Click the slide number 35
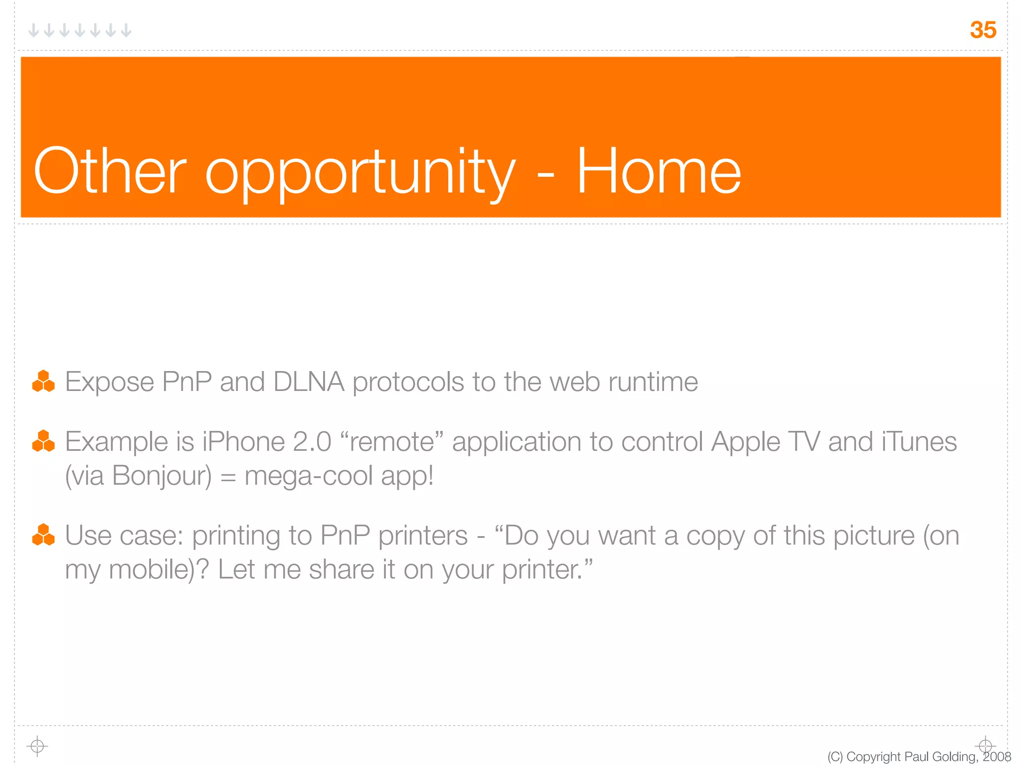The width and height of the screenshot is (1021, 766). point(983,30)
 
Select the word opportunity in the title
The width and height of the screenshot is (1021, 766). point(360,174)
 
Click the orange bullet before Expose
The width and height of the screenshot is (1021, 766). point(43,382)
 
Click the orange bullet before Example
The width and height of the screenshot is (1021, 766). point(43,441)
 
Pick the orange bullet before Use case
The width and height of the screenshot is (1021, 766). point(43,535)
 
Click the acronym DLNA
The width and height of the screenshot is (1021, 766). point(309,382)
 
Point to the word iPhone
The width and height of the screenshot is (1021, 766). point(243,442)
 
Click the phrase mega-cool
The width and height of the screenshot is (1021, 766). point(309,476)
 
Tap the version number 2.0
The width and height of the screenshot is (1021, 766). point(312,442)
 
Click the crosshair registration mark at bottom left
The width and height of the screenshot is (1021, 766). point(37,746)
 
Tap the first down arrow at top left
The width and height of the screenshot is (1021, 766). point(33,30)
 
